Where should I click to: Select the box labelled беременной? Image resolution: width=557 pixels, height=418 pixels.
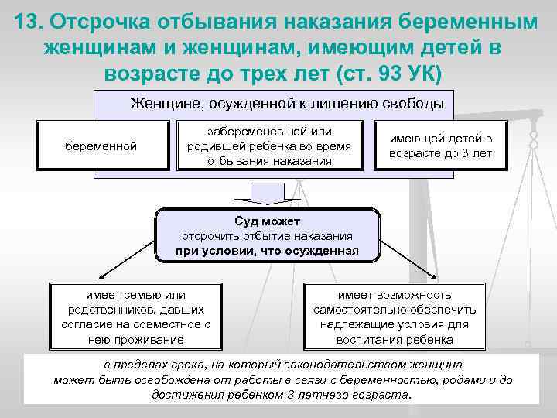click(x=101, y=145)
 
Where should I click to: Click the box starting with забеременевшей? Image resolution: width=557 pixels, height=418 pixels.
click(x=270, y=146)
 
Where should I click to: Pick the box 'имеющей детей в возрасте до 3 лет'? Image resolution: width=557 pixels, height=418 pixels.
click(x=440, y=146)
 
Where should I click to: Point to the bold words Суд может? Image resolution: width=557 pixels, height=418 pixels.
click(x=267, y=221)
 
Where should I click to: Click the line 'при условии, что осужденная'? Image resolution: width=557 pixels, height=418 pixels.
click(x=267, y=251)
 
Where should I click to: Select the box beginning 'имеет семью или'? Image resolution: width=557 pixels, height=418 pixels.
click(x=135, y=317)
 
